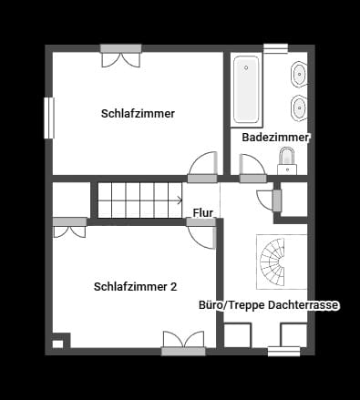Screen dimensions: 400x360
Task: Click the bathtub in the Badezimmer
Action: click(x=247, y=90)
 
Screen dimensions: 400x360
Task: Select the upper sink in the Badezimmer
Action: click(x=298, y=75)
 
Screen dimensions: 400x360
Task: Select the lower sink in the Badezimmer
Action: click(x=298, y=109)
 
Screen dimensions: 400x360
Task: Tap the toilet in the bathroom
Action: click(x=287, y=161)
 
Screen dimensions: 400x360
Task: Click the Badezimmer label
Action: click(x=276, y=138)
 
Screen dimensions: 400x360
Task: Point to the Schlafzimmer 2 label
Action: click(x=135, y=286)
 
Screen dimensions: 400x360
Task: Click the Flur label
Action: click(x=203, y=213)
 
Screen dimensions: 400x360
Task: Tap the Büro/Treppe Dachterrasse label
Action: click(x=269, y=306)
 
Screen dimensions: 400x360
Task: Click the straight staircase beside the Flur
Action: click(x=137, y=200)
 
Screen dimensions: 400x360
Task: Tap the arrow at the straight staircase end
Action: click(x=179, y=200)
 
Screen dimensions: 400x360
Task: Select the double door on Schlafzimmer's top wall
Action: click(x=120, y=56)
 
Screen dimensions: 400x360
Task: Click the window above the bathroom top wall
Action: click(x=275, y=47)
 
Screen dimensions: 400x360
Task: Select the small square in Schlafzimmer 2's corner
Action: click(x=57, y=344)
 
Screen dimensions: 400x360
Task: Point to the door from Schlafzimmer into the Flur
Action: click(x=202, y=168)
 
